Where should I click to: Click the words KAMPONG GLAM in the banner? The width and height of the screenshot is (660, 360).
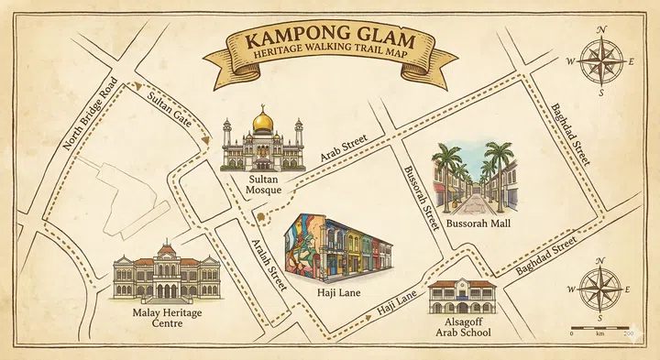pos(328,40)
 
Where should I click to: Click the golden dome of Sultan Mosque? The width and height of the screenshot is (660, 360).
pos(262,120)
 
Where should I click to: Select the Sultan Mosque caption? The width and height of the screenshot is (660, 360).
pos(263,186)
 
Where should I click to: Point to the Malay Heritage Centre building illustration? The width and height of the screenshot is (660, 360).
pos(166,274)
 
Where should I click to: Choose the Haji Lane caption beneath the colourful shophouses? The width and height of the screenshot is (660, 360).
pos(338,293)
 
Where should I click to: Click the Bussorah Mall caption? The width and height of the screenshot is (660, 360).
pos(478,223)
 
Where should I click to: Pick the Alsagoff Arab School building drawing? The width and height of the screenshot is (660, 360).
pos(462,297)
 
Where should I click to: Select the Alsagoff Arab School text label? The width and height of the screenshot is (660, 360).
pos(464,327)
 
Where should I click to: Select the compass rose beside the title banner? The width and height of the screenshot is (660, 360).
pos(601,61)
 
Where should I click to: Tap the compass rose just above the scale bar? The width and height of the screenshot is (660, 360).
pos(601,289)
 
